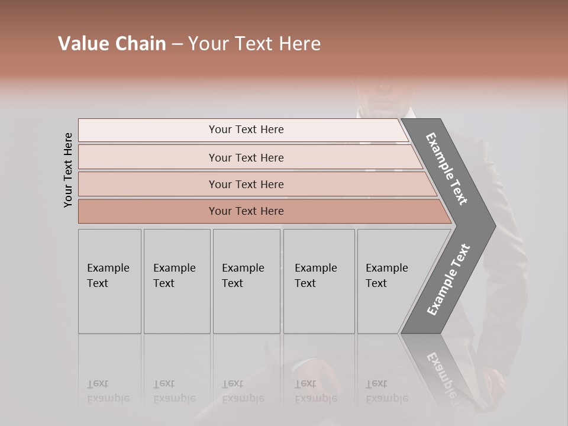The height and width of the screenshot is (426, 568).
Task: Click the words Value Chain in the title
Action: click(112, 44)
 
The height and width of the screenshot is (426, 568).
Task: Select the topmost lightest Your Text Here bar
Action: click(246, 130)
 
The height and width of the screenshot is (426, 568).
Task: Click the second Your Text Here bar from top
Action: click(246, 157)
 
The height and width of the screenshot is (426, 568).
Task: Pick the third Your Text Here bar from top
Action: click(246, 184)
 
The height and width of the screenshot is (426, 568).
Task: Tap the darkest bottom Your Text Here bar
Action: click(246, 211)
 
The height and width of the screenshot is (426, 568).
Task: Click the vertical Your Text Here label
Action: click(68, 170)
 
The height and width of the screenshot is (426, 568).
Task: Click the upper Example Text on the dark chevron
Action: click(447, 168)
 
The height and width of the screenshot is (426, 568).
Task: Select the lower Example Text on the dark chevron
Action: click(448, 280)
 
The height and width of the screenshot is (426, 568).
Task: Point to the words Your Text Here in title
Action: click(254, 44)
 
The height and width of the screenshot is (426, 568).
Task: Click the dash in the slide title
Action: click(177, 44)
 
